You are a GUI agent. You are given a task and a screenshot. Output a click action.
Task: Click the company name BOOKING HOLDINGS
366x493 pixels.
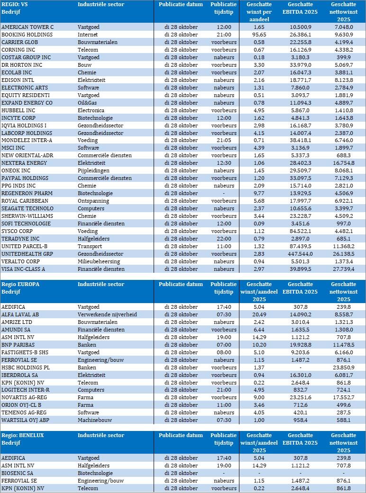click(x=27, y=35)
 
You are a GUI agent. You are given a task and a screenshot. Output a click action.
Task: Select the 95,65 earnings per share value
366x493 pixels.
click(x=259, y=35)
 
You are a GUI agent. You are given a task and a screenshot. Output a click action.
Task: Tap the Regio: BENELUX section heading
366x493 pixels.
click(x=23, y=435)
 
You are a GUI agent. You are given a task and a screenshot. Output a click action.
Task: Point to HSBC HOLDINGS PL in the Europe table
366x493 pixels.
click(x=27, y=368)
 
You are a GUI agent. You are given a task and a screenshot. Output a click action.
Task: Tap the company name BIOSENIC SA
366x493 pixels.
click(x=18, y=473)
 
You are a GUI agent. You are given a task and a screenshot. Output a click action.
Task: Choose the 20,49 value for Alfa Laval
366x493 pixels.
click(x=259, y=314)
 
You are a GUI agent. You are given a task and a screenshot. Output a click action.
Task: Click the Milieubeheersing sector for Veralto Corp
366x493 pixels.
click(x=99, y=261)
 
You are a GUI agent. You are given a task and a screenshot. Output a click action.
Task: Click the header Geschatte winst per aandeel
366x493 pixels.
click(x=259, y=11)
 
